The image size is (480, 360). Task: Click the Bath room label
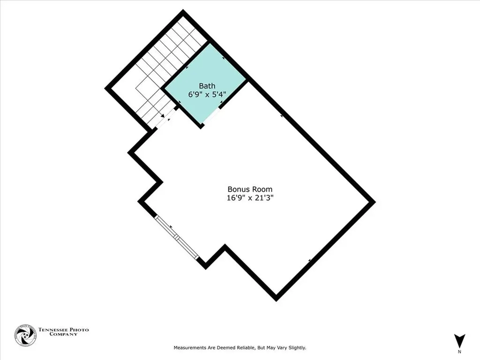[207, 86]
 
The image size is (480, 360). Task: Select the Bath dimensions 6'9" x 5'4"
[207, 94]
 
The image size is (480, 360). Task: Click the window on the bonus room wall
[177, 237]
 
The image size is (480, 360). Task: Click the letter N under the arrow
[459, 352]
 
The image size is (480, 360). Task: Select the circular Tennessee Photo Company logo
[25, 335]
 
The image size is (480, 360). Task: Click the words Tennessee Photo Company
[63, 331]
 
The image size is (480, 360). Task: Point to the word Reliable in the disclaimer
[243, 348]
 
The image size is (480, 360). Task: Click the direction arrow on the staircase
[162, 115]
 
